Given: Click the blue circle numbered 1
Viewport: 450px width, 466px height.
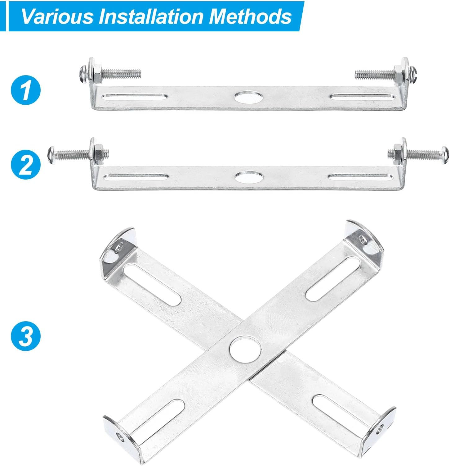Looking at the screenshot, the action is [x=26, y=90].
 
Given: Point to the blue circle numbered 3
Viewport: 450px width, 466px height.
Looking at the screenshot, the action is [x=26, y=336].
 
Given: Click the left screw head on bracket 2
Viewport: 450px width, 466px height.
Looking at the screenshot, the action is [x=51, y=154].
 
